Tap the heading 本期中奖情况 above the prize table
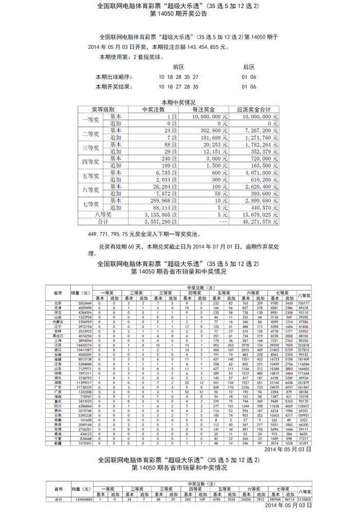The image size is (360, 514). pos(178,103)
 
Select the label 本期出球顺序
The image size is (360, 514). pos(114,77)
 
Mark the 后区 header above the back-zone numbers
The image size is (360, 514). pos(249,67)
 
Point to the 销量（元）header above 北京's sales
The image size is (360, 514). pos(81,293)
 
